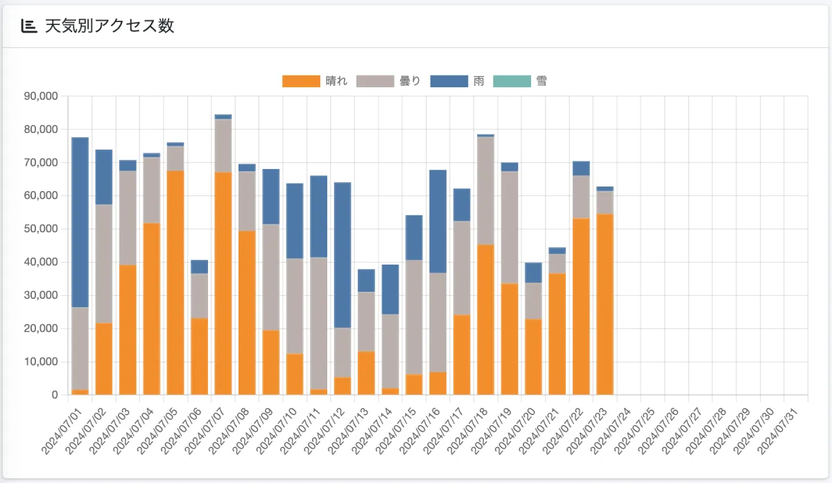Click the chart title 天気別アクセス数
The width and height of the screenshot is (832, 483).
109,26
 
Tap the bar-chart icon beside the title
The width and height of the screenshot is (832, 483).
28,26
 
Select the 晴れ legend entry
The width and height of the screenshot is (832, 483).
315,81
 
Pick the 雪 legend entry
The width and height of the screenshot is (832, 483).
520,81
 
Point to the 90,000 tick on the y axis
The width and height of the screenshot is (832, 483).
41,96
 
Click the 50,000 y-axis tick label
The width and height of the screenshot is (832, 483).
41,229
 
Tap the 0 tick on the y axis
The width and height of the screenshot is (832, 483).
54,395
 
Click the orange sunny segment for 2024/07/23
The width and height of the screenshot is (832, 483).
605,304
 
